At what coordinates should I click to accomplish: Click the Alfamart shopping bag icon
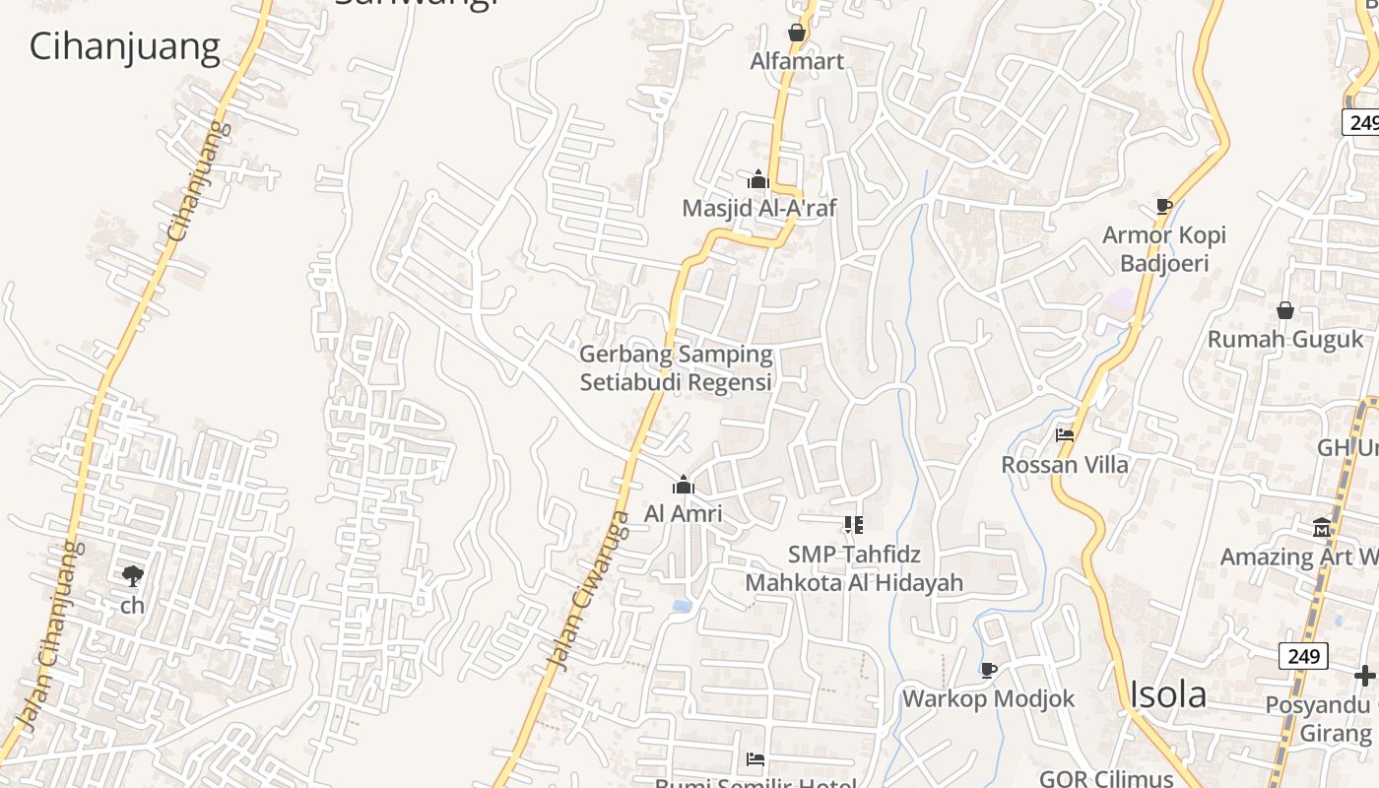click(797, 33)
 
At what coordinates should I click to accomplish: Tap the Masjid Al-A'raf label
click(758, 208)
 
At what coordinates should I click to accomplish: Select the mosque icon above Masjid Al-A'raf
click(757, 179)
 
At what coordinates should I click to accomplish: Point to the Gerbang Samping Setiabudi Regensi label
click(676, 368)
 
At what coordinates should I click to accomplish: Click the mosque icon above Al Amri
click(683, 485)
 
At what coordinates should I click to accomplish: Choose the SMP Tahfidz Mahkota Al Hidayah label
click(853, 568)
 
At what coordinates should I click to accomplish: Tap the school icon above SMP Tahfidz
click(853, 525)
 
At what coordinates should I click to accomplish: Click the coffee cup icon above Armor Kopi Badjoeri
click(1163, 206)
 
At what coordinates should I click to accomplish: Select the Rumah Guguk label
click(1285, 339)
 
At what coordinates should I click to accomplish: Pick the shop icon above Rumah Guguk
click(1285, 310)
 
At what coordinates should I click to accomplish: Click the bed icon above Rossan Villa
click(1064, 434)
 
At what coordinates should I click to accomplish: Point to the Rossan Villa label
click(1065, 464)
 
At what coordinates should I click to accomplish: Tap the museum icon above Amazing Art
click(1321, 528)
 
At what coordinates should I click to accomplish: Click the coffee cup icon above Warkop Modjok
click(989, 670)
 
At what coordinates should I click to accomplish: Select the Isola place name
click(1167, 694)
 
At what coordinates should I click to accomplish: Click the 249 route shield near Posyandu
click(1303, 655)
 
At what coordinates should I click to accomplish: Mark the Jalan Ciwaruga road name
click(589, 591)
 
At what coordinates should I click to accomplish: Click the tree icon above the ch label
click(132, 576)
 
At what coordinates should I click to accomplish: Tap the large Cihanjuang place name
click(124, 46)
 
